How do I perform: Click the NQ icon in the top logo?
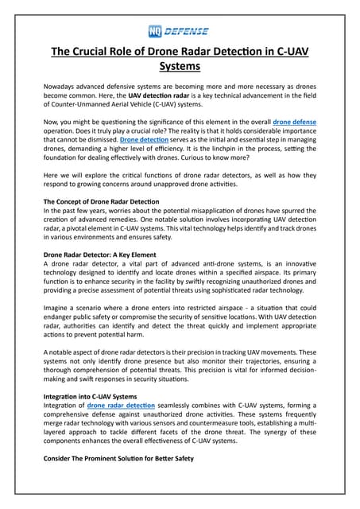click(x=156, y=31)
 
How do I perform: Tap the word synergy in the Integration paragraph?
click(x=257, y=429)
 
